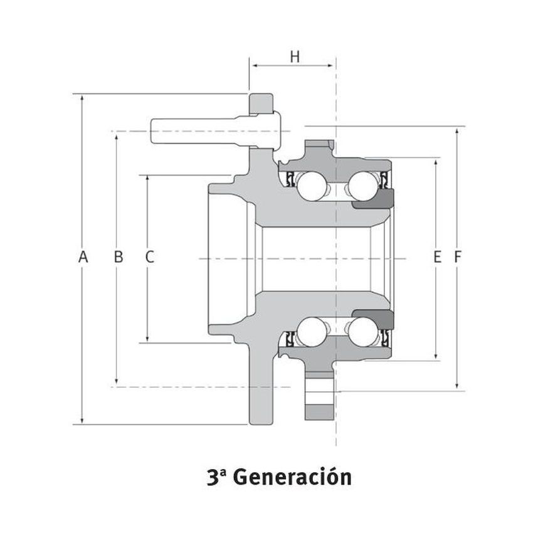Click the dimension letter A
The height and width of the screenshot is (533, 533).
pos(82,256)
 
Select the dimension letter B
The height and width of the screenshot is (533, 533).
pos(117,256)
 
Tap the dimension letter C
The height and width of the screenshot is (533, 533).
pos(149,256)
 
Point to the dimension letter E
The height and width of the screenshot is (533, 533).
pos(438,256)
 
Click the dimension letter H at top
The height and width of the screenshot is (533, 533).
pos(295,56)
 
